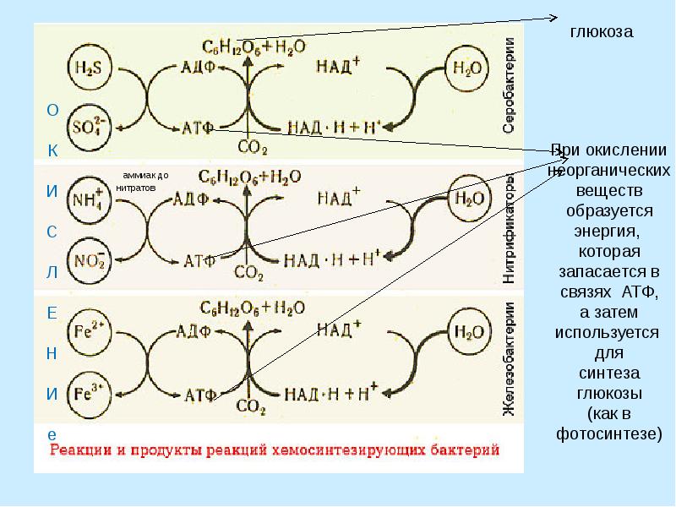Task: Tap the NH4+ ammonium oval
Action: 86,200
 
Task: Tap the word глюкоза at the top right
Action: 601,31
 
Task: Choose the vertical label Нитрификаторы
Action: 510,227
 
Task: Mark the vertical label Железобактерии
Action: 510,358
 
